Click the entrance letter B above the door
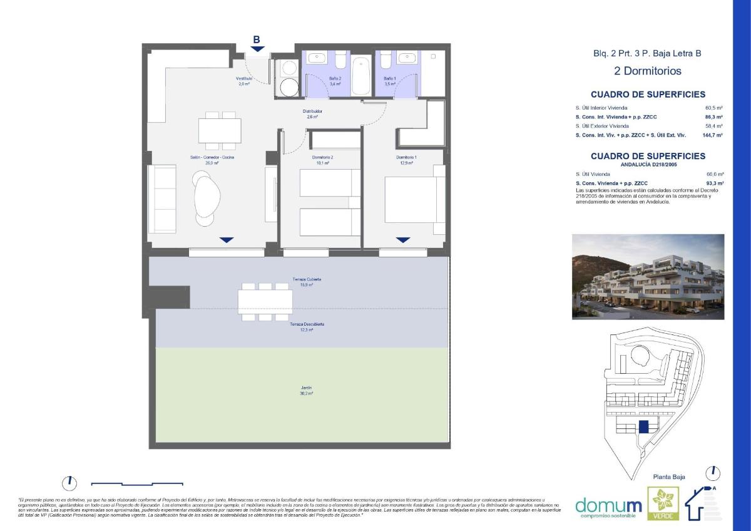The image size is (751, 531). point(257,39)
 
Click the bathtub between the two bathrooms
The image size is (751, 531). point(360,75)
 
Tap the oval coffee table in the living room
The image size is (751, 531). point(207,196)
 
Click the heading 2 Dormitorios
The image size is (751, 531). point(647,71)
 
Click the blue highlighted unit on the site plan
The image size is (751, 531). point(643,427)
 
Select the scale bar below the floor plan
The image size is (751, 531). point(137,483)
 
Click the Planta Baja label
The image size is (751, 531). point(668,477)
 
